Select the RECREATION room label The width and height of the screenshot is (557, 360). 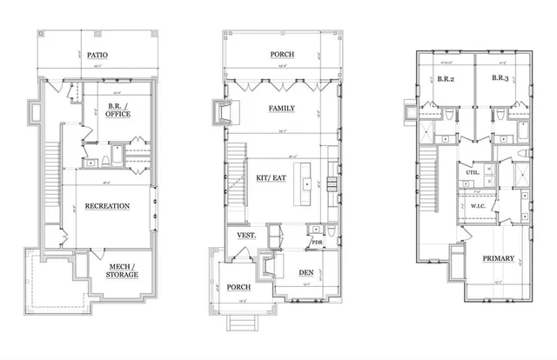click(x=108, y=206)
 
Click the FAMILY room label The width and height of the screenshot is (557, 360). click(x=280, y=109)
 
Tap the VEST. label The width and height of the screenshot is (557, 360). click(x=245, y=236)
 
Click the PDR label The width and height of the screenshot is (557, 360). click(x=317, y=243)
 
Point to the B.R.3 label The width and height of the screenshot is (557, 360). click(x=500, y=78)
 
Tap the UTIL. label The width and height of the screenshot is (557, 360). click(x=473, y=173)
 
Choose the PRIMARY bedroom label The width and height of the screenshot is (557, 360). click(x=499, y=258)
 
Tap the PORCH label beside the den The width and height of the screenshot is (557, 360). click(x=238, y=287)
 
